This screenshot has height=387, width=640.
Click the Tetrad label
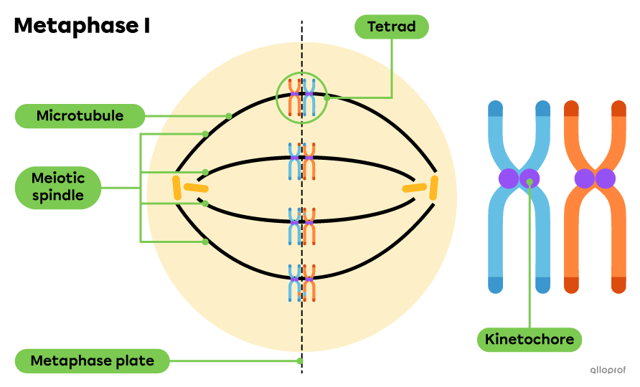392,27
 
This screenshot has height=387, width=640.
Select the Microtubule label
80,116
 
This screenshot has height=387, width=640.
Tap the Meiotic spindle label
57,188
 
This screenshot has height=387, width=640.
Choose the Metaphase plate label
92,360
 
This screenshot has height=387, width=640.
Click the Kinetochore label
529,339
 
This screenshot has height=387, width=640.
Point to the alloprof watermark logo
607,370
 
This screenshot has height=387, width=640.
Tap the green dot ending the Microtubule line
229,115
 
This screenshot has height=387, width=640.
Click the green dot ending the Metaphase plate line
300,361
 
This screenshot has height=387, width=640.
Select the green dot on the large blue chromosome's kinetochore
529,182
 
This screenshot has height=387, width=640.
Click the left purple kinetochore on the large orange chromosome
584,178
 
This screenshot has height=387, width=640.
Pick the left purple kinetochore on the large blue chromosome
509,178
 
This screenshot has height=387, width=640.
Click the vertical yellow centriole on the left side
177,188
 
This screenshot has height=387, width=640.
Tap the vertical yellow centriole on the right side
433,188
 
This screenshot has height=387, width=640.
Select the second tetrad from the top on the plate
302,161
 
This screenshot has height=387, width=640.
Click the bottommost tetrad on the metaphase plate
302,282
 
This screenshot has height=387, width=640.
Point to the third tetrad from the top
302,226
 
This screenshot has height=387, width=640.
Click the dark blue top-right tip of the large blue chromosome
542,108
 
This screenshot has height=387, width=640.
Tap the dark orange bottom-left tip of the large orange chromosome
571,285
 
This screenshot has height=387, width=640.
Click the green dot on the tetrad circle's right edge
326,97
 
